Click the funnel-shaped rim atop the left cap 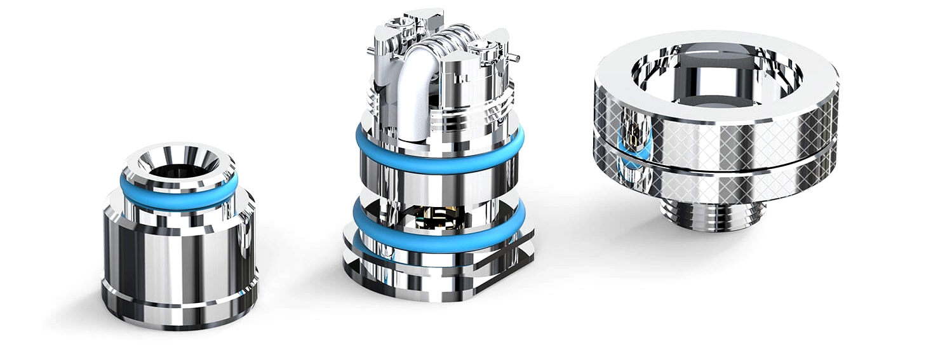point(179,156)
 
